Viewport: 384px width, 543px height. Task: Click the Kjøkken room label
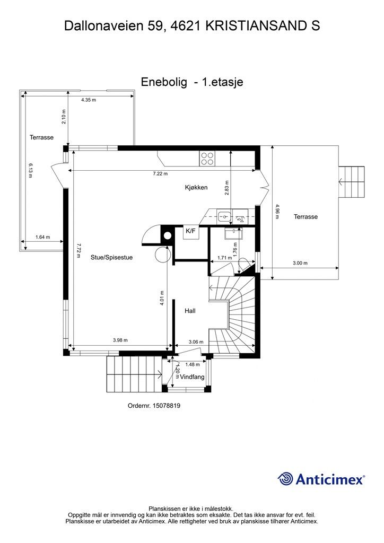pos(196,187)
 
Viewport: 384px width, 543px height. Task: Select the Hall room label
pos(190,311)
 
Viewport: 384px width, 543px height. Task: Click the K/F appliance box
pos(190,231)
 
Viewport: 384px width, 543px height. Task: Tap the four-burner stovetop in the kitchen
pos(207,157)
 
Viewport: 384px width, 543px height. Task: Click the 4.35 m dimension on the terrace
pos(89,100)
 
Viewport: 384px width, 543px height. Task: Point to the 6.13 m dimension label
pos(31,171)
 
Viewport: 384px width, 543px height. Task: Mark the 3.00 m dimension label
pos(300,263)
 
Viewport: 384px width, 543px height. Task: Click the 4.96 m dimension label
pos(277,211)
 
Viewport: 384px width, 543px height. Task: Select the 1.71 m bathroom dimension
pos(225,258)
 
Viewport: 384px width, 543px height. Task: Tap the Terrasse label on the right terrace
pos(306,217)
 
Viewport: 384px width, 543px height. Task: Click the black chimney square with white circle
pos(167,235)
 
